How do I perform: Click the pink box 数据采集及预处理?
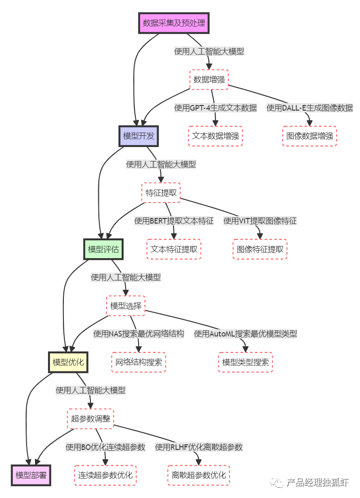[x=174, y=23]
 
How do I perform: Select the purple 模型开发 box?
[x=138, y=136]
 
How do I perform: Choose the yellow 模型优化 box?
[x=69, y=362]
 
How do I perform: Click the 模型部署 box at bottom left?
[x=31, y=475]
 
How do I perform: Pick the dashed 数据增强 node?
[x=209, y=79]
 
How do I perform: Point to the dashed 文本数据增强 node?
[x=215, y=136]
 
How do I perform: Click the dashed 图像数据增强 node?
[x=309, y=136]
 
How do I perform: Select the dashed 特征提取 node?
[x=161, y=193]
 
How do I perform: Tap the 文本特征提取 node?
[x=174, y=249]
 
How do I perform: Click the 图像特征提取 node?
[x=260, y=249]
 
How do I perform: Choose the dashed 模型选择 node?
[x=125, y=306]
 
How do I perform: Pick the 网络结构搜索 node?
[x=138, y=362]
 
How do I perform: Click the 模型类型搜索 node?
[x=245, y=362]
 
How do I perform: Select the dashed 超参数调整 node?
[x=90, y=419]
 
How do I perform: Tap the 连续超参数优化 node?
[x=105, y=475]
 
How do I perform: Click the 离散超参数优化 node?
[x=199, y=475]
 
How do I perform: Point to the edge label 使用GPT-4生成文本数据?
[x=215, y=108]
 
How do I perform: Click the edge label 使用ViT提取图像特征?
[x=260, y=221]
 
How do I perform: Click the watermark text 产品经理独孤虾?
[x=317, y=483]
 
